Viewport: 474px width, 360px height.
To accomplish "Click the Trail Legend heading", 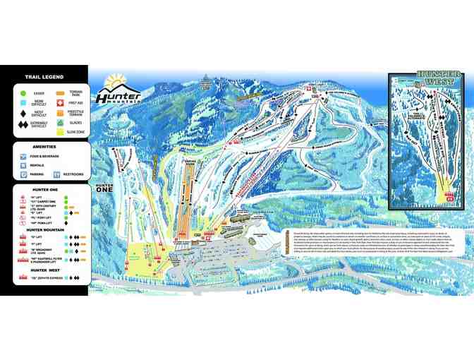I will click(x=44, y=77).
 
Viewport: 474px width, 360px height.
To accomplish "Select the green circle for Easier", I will click(x=23, y=92).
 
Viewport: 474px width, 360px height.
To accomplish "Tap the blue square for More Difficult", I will click(x=23, y=102).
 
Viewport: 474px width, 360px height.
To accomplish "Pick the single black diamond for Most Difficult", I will click(x=23, y=113).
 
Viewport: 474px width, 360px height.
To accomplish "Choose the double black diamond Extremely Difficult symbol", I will click(x=23, y=124).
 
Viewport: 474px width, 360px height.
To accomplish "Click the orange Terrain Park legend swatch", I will click(x=61, y=92).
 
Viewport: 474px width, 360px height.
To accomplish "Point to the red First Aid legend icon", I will click(x=61, y=102).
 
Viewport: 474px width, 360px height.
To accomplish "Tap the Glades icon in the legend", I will click(x=61, y=122).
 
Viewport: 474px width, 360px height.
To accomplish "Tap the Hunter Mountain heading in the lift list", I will click(x=44, y=230).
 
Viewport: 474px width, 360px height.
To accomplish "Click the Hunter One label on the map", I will click(x=104, y=188).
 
